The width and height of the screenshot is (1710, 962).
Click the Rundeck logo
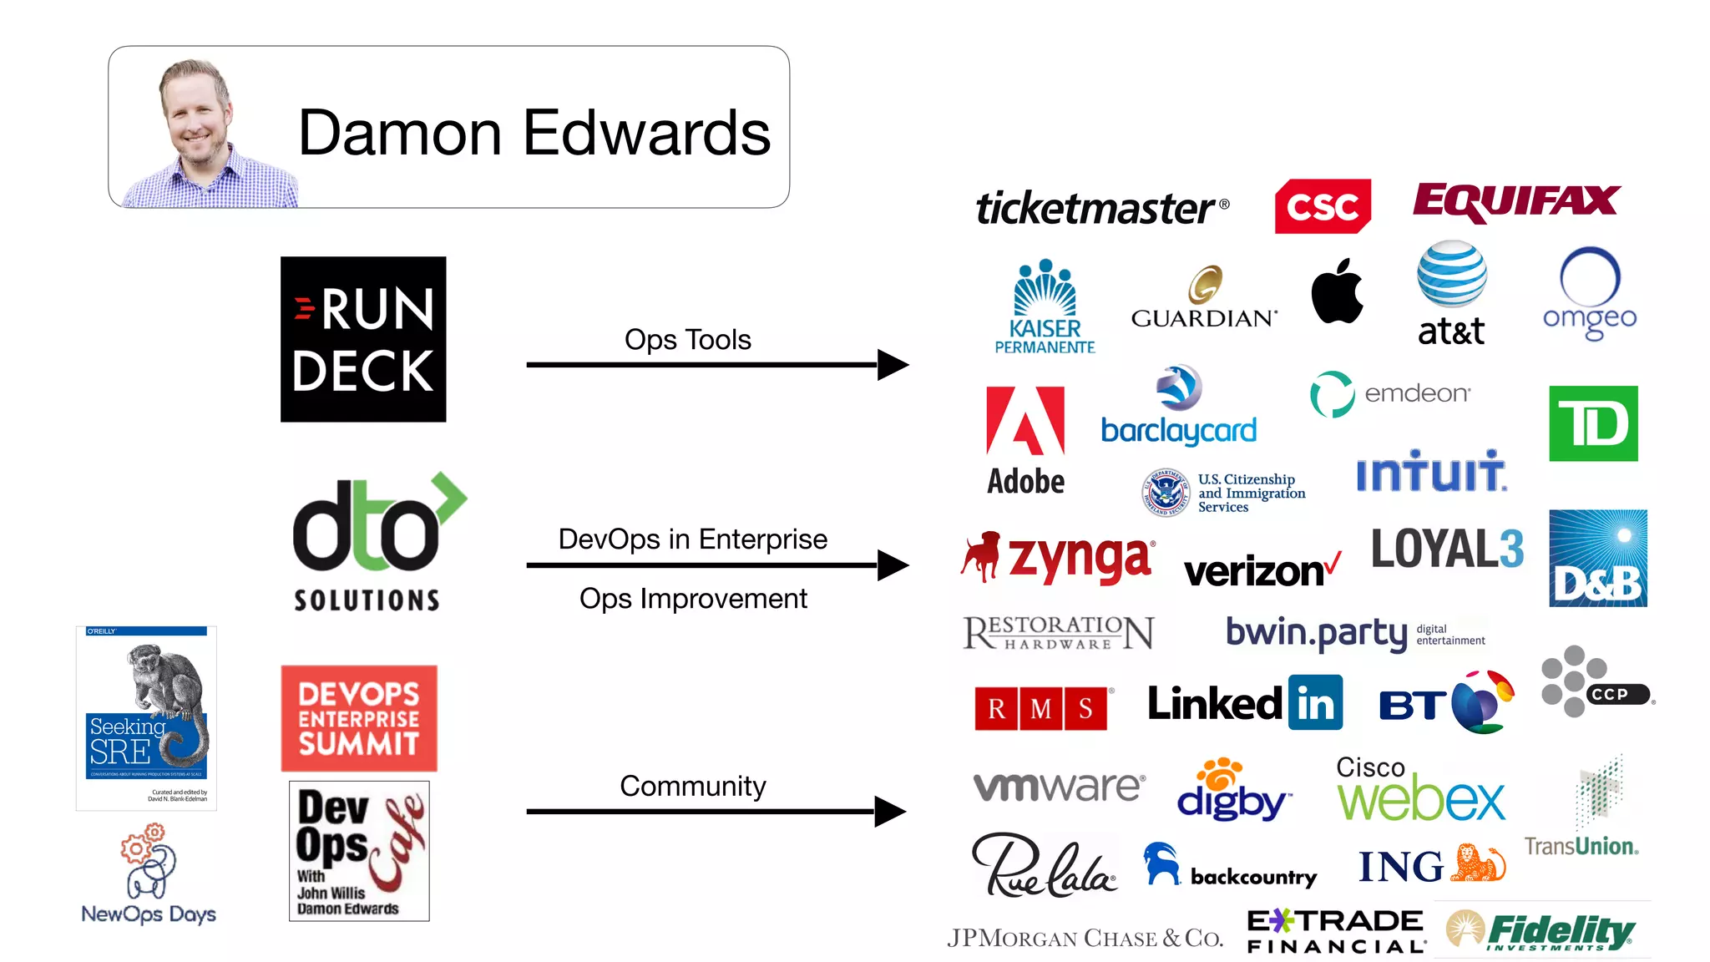coord(363,339)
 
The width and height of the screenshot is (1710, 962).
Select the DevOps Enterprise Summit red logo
coord(359,718)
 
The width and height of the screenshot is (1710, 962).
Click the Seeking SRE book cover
coord(146,718)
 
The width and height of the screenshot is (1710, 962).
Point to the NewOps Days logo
coord(149,873)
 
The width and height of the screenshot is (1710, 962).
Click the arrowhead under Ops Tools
coord(893,365)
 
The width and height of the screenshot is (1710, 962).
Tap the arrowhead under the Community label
coord(890,811)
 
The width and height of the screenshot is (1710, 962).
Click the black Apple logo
coord(1337,291)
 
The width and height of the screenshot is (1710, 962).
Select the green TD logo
coord(1593,423)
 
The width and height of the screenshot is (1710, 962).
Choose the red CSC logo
coord(1323,206)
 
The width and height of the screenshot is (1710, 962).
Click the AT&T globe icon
coord(1451,274)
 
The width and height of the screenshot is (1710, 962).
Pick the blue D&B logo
coord(1597,558)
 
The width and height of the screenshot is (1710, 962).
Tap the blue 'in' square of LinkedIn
coord(1315,703)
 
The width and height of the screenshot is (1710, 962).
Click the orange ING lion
coord(1477,863)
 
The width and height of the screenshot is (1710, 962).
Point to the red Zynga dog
coord(981,555)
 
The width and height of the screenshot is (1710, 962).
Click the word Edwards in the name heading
coord(646,133)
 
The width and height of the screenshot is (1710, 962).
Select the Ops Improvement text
coord(693,599)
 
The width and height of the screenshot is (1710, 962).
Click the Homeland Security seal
coord(1165,492)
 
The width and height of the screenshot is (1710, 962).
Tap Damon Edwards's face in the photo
coord(197,116)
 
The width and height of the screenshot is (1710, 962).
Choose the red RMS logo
coord(1040,709)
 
